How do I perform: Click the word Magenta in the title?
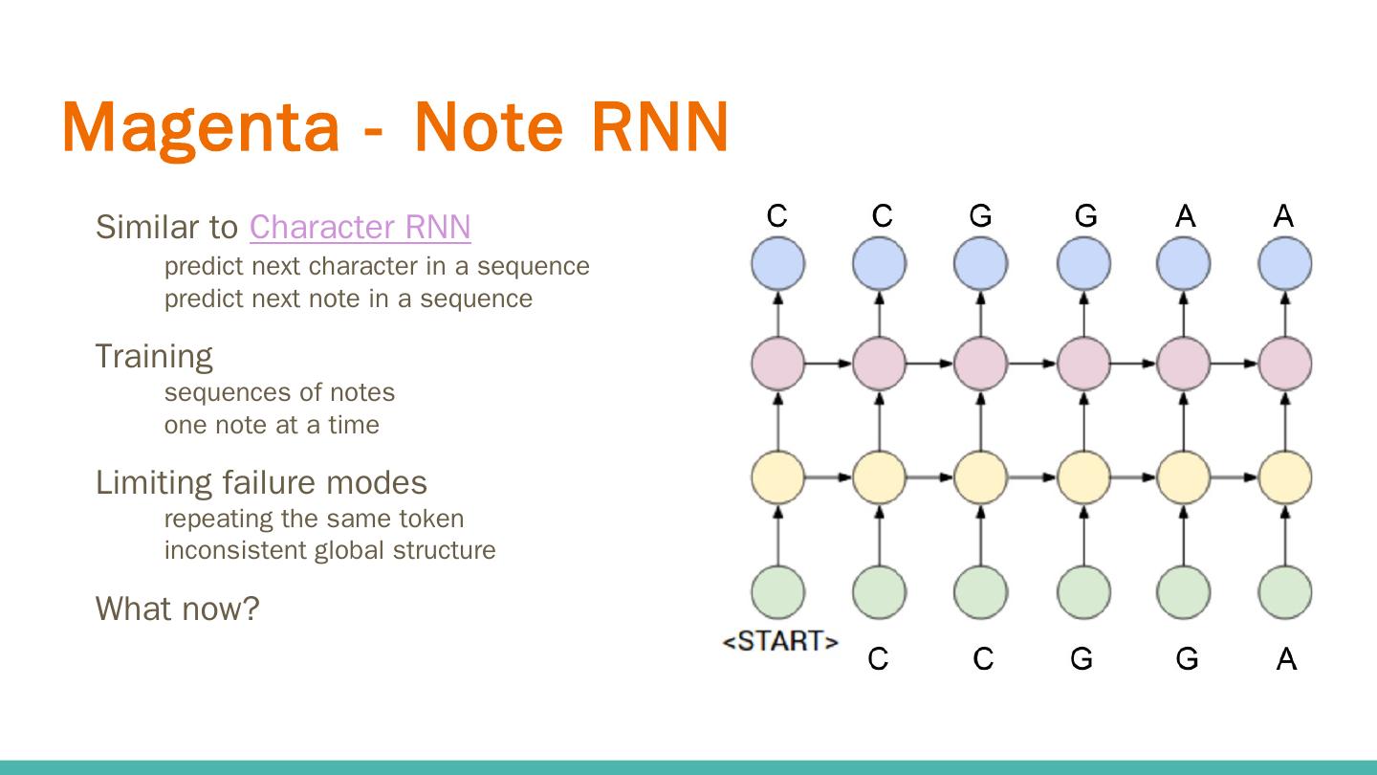pyautogui.click(x=201, y=128)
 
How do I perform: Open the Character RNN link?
pyautogui.click(x=361, y=227)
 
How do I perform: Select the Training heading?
pyautogui.click(x=154, y=357)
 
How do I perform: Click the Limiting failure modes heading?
pyautogui.click(x=261, y=482)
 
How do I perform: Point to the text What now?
pyautogui.click(x=178, y=609)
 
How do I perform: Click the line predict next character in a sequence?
pyautogui.click(x=377, y=266)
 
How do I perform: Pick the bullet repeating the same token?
pyautogui.click(x=314, y=519)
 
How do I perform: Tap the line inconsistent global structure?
pyautogui.click(x=330, y=550)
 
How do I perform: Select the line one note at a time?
pyautogui.click(x=272, y=425)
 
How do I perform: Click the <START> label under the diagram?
pyautogui.click(x=780, y=641)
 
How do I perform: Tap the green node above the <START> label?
pyautogui.click(x=777, y=591)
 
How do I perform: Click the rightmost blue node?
pyautogui.click(x=1285, y=263)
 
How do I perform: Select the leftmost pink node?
pyautogui.click(x=777, y=364)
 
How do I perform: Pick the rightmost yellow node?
pyautogui.click(x=1285, y=477)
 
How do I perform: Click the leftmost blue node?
pyautogui.click(x=777, y=263)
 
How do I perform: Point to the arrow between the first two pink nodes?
pyautogui.click(x=829, y=364)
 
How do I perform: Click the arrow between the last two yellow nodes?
pyautogui.click(x=1235, y=477)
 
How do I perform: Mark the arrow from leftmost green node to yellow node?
pyautogui.click(x=777, y=535)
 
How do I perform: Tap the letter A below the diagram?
pyautogui.click(x=1287, y=659)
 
